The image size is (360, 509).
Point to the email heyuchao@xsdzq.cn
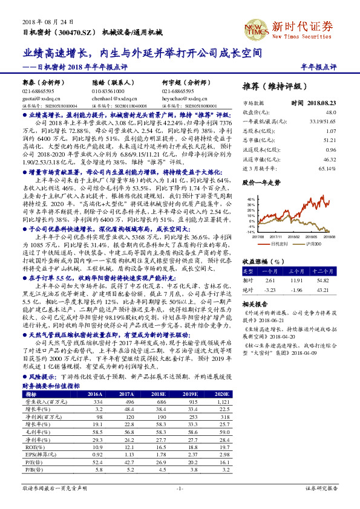180,97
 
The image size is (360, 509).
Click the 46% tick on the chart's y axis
251,199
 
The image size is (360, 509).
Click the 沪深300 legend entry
313,243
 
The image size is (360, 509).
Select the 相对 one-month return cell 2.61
270,280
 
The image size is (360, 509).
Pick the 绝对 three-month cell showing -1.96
296,290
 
